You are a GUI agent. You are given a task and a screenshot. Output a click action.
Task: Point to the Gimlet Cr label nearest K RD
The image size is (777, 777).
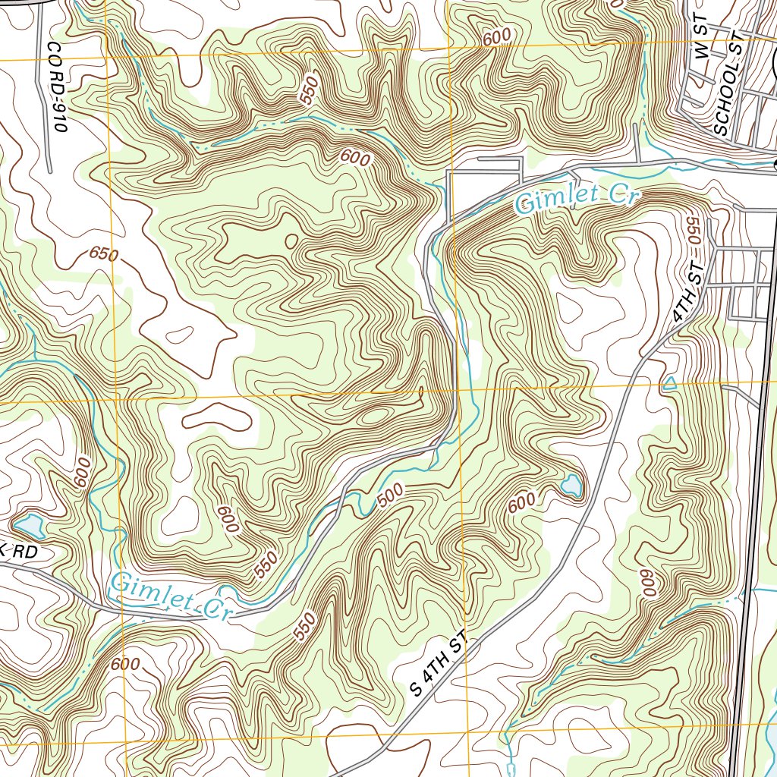click(169, 596)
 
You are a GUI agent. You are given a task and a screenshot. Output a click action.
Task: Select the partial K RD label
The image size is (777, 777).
click(19, 552)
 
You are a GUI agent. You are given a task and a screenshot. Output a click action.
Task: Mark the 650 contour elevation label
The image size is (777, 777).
click(103, 254)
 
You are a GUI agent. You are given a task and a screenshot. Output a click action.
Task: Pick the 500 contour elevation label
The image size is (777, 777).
click(389, 496)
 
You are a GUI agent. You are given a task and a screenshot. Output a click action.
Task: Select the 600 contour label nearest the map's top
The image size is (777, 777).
click(496, 36)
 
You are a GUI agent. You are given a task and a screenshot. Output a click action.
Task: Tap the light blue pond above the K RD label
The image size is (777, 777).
click(29, 524)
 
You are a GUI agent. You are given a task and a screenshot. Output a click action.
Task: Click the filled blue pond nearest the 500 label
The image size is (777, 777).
click(571, 484)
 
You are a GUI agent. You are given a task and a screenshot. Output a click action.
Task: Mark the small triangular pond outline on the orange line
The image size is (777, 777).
click(669, 384)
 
